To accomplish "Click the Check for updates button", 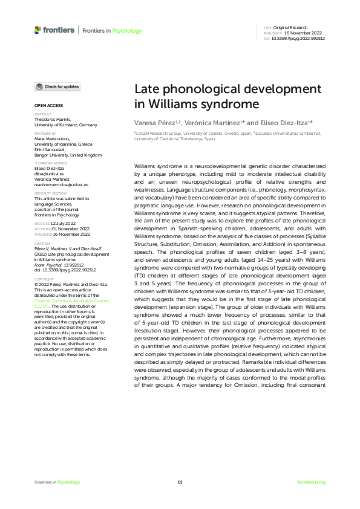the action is (57, 87).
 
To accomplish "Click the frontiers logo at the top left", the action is (55, 30).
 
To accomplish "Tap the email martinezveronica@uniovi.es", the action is (61, 184).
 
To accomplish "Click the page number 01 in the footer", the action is (180, 482).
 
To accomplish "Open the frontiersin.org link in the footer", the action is (312, 482).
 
